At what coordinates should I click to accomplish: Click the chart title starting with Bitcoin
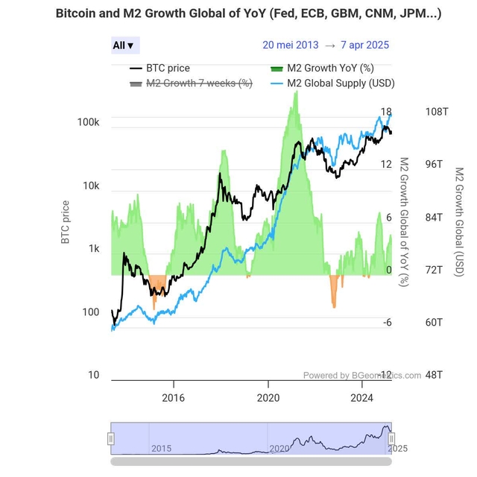[247, 13]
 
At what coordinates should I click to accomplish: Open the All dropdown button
[124, 45]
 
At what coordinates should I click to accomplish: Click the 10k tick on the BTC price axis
[90, 186]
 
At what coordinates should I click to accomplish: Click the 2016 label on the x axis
[174, 398]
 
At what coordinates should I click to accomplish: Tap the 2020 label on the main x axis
[268, 398]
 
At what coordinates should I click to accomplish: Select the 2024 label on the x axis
[362, 398]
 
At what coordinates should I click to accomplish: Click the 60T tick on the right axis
[434, 322]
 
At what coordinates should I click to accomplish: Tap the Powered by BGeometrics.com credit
[361, 376]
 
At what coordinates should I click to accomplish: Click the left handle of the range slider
[112, 439]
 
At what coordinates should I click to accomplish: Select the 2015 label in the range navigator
[162, 448]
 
